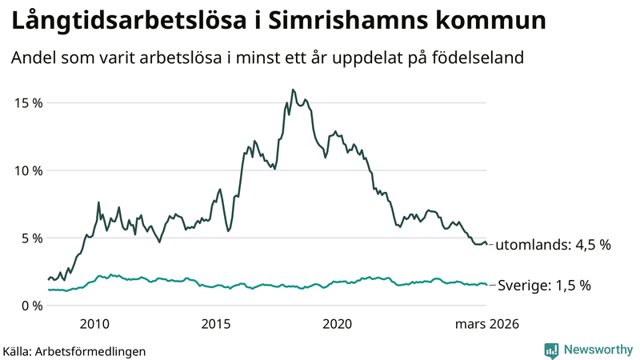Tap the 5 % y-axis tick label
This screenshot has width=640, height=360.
pos(30,238)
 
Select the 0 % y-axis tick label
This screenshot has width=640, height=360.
pos(30,305)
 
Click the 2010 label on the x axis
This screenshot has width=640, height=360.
pos(94,324)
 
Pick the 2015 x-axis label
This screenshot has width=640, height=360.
pos(216,324)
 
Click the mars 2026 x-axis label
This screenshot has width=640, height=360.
pos(487,324)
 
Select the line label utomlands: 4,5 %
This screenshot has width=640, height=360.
pos(553,245)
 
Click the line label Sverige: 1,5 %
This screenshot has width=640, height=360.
pos(544,285)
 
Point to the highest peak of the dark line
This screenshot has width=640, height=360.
pos(293,90)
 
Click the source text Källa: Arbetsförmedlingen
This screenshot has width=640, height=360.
pos(74,350)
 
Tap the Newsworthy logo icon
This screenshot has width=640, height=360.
pos(552,350)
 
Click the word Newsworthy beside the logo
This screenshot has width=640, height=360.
pos(596,350)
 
